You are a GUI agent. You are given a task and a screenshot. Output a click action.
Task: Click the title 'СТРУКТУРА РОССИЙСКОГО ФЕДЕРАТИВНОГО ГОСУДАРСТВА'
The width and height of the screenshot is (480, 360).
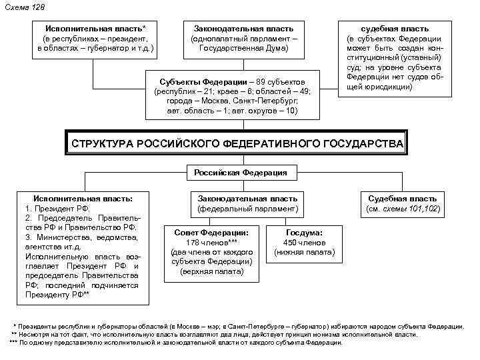pyautogui.click(x=237, y=143)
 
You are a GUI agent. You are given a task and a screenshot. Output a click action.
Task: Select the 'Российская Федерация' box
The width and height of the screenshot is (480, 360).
pyautogui.click(x=240, y=173)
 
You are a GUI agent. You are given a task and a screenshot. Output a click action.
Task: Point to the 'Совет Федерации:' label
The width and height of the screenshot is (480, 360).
pyautogui.click(x=211, y=233)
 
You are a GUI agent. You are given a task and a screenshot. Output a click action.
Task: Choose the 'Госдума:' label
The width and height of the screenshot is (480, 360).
pyautogui.click(x=304, y=233)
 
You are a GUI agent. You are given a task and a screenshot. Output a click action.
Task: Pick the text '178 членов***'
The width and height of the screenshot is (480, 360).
pyautogui.click(x=211, y=243)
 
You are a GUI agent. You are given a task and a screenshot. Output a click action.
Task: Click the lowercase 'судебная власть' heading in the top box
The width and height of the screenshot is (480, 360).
pyautogui.click(x=395, y=29)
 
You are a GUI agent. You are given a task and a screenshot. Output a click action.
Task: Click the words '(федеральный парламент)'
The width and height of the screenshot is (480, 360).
pyautogui.click(x=247, y=209)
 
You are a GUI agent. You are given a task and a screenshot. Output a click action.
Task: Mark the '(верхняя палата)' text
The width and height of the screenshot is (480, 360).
pyautogui.click(x=211, y=271)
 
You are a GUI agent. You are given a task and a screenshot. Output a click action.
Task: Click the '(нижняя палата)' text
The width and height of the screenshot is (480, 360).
pyautogui.click(x=304, y=252)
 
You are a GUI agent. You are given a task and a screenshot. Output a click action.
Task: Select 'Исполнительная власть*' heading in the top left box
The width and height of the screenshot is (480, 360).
pyautogui.click(x=96, y=29)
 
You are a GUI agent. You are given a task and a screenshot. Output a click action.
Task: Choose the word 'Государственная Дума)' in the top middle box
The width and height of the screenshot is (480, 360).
pyautogui.click(x=243, y=49)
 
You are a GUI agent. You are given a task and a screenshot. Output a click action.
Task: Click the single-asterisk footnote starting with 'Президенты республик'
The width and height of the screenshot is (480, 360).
pyautogui.click(x=240, y=327)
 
